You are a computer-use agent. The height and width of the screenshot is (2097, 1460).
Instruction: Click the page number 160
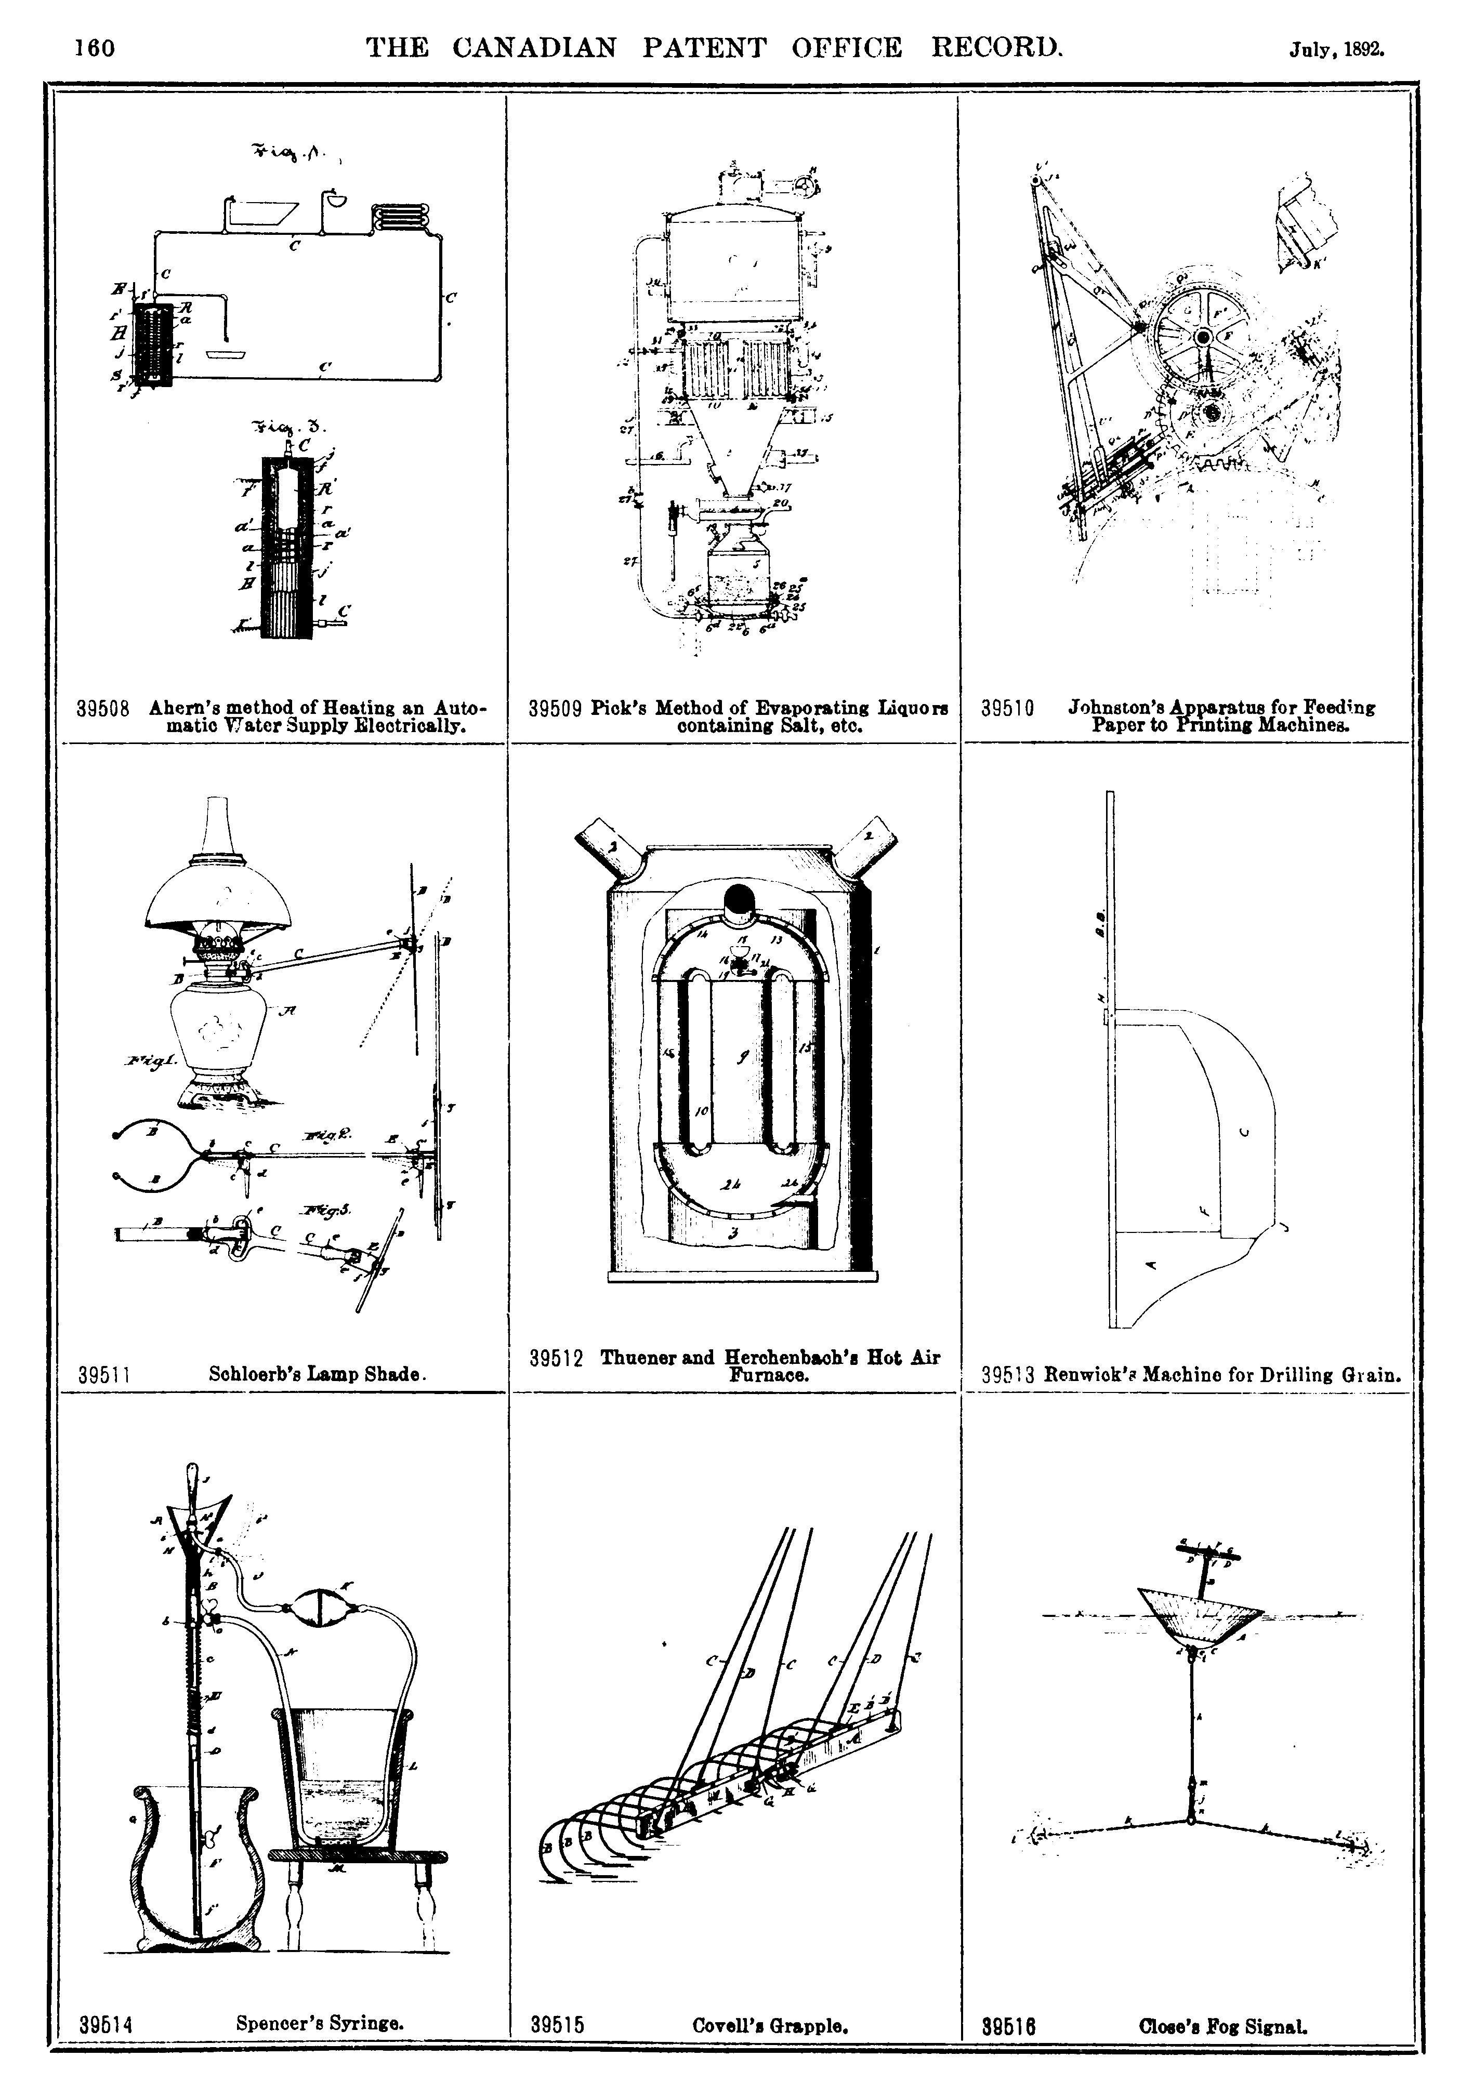point(95,47)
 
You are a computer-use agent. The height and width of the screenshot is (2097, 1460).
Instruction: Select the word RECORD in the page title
point(996,47)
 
